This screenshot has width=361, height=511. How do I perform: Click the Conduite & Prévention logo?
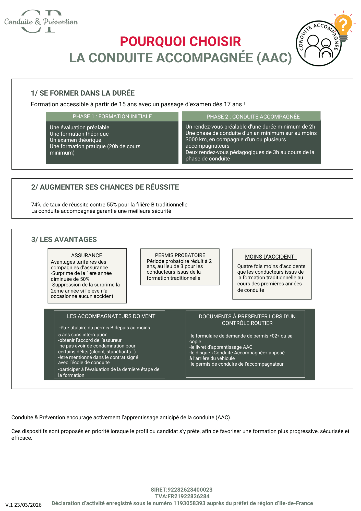point(41,22)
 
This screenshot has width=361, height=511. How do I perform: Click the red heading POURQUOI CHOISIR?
point(180,42)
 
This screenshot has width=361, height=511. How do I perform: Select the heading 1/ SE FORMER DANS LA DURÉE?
point(83,93)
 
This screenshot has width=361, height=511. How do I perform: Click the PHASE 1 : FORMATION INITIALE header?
point(112,117)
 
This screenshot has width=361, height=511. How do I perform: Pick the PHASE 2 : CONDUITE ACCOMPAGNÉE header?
point(253,117)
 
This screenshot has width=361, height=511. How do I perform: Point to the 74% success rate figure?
point(36,205)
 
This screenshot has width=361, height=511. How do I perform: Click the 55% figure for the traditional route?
point(112,205)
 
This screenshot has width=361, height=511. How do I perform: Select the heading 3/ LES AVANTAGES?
point(64,239)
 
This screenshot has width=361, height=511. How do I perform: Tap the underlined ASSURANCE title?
point(87,255)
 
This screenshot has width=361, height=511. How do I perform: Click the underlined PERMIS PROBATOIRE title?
point(180,255)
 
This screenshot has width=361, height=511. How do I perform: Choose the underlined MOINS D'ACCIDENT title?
point(270,257)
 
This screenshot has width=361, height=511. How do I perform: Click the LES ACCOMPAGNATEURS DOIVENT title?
point(111,316)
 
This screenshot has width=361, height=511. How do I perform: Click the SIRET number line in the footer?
point(181,490)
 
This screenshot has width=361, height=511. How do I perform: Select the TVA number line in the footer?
point(182,496)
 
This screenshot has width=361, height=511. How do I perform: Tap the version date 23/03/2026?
point(28,505)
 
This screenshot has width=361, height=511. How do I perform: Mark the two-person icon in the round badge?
point(319,46)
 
